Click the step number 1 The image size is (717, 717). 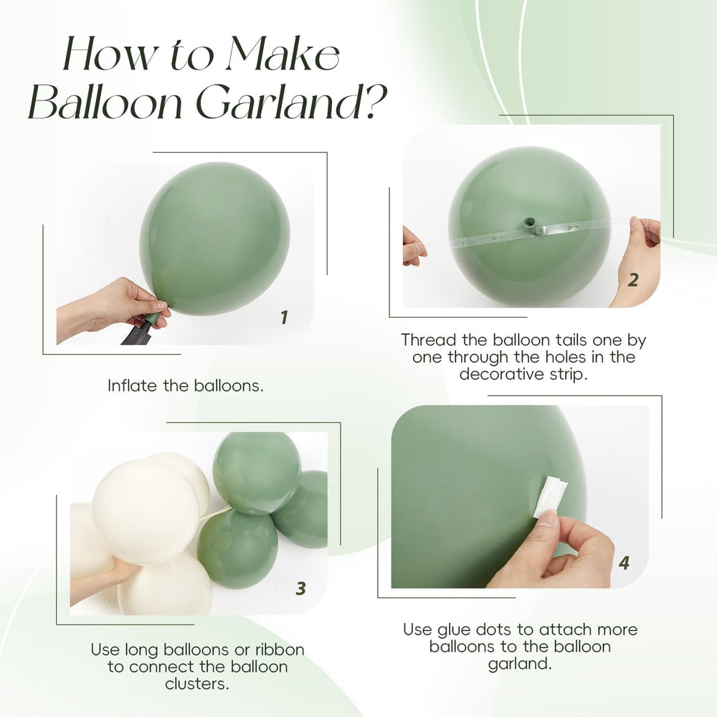click(x=284, y=317)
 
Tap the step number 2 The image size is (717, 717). click(x=632, y=280)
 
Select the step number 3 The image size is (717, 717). click(x=300, y=589)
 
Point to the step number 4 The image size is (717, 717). click(x=624, y=563)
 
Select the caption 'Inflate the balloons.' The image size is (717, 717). click(x=186, y=385)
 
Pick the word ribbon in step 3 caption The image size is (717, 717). click(x=277, y=650)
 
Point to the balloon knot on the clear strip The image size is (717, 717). click(x=531, y=226)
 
